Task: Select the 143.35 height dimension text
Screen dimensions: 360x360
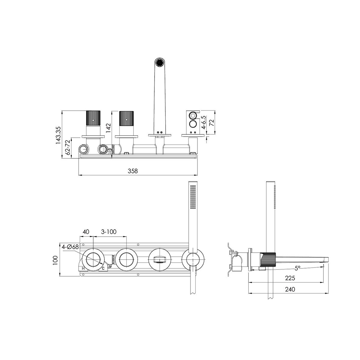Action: tap(58, 135)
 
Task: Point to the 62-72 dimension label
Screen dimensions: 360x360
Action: tap(68, 147)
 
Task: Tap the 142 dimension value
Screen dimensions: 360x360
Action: tap(109, 128)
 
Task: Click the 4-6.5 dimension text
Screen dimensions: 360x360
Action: tap(204, 122)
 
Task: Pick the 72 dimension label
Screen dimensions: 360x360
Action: tap(211, 123)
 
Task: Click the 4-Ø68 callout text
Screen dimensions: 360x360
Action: tap(70, 247)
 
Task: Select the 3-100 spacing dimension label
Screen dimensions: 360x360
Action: tap(109, 232)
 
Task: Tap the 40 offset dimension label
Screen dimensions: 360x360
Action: tap(86, 232)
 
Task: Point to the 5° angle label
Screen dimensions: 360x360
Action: tap(297, 268)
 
